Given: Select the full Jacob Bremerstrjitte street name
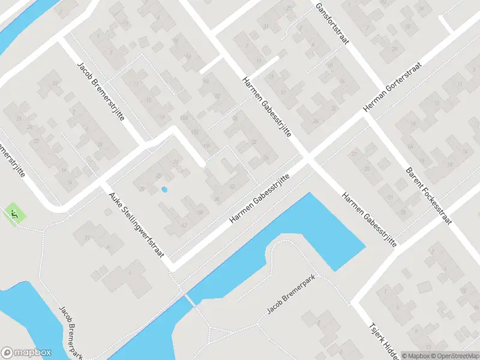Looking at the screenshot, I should click(x=100, y=91).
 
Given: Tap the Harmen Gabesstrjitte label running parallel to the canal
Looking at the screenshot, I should click(x=259, y=200).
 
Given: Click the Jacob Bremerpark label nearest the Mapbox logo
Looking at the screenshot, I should click(x=70, y=332).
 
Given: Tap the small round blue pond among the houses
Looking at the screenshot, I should click(x=164, y=190).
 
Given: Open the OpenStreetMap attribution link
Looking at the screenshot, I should click(x=454, y=355).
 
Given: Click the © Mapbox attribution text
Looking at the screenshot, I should click(x=416, y=355).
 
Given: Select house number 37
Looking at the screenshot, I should click(x=56, y=83).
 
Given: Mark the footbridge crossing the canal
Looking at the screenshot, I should click(x=190, y=298).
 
